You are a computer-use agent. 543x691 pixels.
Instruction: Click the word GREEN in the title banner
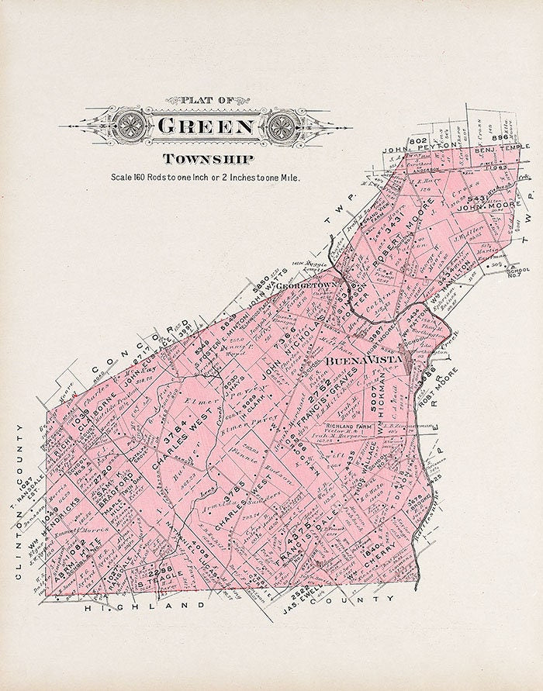205,126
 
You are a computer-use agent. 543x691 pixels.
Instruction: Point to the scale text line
205,178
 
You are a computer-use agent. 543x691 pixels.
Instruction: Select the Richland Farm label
351,426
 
